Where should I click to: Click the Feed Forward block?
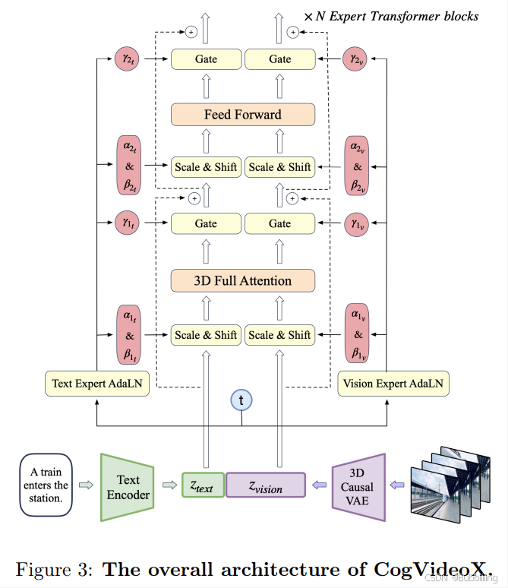[x=243, y=115]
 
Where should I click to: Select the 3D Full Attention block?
[x=243, y=280]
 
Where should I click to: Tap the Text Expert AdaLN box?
[x=97, y=384]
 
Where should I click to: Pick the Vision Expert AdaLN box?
[x=393, y=384]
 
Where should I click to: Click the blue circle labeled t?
[x=241, y=400]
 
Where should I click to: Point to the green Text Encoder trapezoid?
[x=128, y=487]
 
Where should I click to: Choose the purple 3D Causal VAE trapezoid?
[x=358, y=487]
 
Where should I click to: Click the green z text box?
[x=203, y=485]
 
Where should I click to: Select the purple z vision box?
[x=266, y=485]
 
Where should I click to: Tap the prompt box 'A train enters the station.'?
[x=46, y=485]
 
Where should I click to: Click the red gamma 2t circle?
[x=127, y=58]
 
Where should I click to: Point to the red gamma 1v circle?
[x=357, y=224]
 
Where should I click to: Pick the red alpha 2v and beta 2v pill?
[x=357, y=166]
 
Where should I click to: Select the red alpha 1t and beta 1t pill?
[x=129, y=335]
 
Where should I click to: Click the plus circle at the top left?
[x=191, y=32]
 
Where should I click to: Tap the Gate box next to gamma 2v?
[x=280, y=58]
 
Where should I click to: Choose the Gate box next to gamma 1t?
[x=206, y=223]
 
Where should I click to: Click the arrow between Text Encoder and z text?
[x=169, y=485]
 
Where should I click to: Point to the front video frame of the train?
[x=435, y=495]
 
